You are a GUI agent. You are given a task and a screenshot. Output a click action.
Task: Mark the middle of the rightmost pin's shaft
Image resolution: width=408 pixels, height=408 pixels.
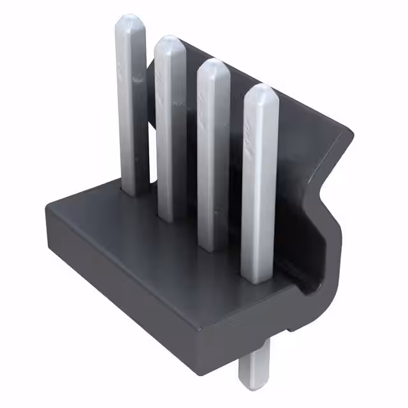[x=260, y=185]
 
